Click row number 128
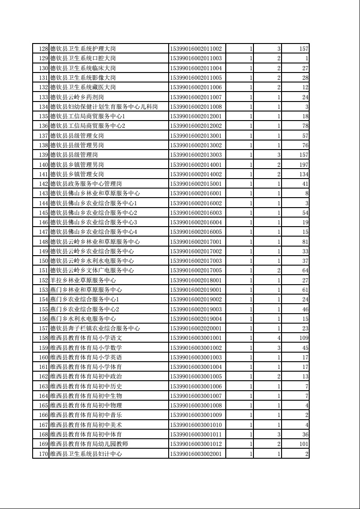(44, 48)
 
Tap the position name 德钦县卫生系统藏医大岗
(83, 87)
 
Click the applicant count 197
(303, 164)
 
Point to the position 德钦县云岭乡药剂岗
(77, 97)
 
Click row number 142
(44, 184)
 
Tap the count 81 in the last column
(305, 241)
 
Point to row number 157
(44, 328)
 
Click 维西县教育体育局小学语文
(86, 338)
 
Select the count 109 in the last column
(303, 338)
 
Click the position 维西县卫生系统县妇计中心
(86, 453)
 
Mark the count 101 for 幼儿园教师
(303, 444)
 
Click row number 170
(44, 453)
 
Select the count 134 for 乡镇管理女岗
(303, 174)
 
